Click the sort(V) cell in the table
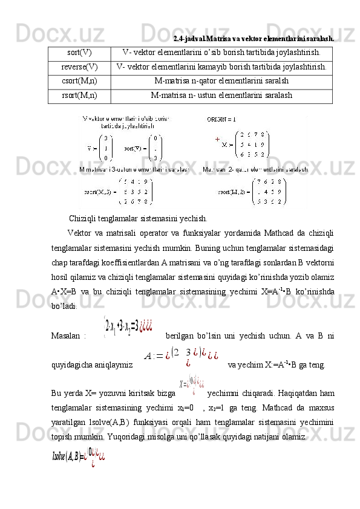point(80,53)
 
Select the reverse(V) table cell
point(80,66)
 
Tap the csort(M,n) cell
point(80,81)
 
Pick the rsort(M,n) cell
point(80,95)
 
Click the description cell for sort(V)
point(221,53)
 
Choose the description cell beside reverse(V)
point(221,66)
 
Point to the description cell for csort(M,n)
point(221,81)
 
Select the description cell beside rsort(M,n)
point(221,95)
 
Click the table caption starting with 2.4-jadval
point(254,38)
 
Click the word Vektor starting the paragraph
point(80,233)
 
